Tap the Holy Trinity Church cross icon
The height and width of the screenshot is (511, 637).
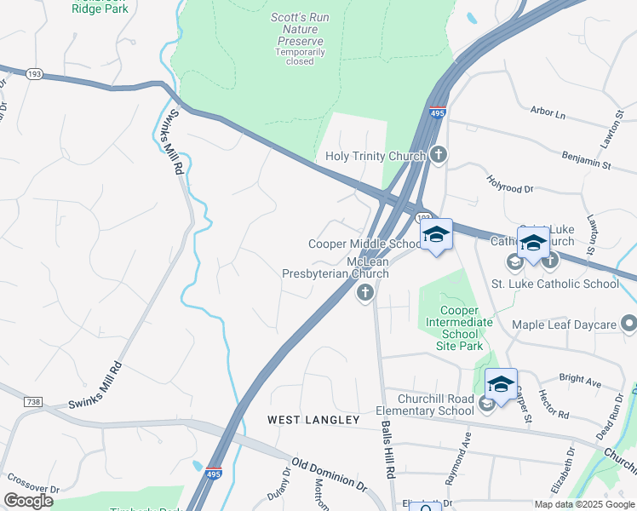point(438,155)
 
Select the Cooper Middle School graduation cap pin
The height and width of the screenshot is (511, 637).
point(437,234)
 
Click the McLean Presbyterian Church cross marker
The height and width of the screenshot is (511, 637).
point(365,293)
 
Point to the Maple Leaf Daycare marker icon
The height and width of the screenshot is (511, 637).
point(628,324)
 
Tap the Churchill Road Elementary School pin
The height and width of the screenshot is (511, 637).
point(501,384)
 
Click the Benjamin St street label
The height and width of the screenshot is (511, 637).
point(587,158)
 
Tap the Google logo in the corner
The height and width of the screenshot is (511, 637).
point(29,501)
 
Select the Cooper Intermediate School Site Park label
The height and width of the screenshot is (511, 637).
point(460,328)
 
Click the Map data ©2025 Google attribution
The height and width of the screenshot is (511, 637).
point(584,504)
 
